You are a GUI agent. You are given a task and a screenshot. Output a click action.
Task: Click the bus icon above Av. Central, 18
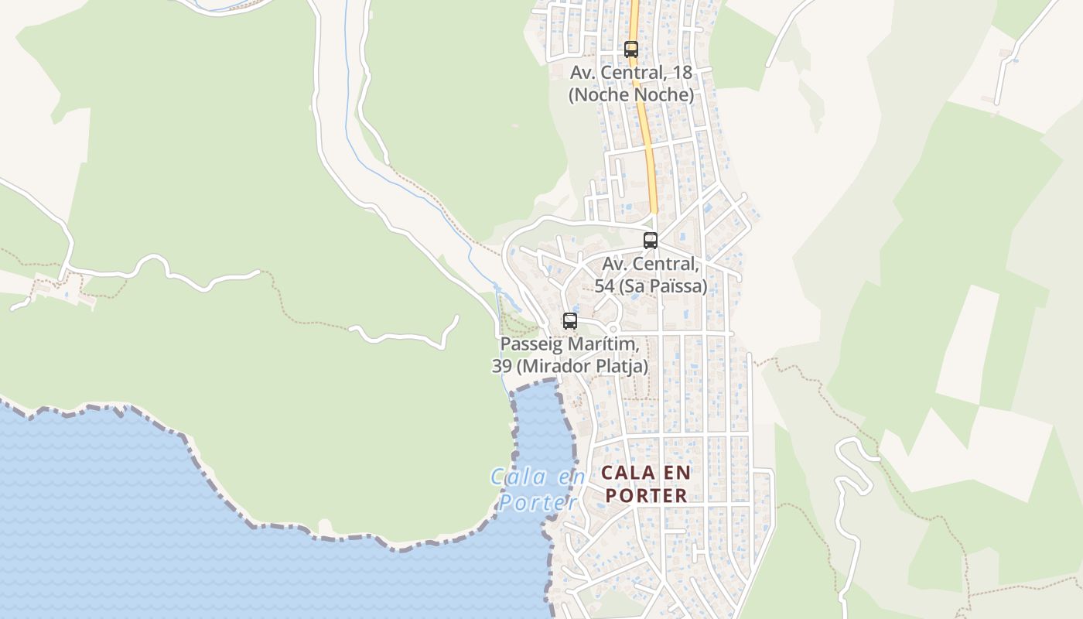tap(631, 50)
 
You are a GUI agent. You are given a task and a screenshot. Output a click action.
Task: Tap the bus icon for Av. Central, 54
tap(651, 241)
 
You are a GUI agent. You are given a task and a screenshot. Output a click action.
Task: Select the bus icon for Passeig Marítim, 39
tap(570, 321)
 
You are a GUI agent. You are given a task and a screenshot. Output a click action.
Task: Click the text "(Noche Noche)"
tap(631, 95)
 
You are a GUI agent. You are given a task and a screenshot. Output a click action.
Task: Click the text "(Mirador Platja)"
tap(582, 366)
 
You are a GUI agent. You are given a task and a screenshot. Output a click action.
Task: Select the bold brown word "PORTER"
tap(647, 496)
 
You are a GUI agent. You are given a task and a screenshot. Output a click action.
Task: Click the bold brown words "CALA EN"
tap(647, 473)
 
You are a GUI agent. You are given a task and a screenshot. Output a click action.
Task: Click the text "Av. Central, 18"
tap(631, 73)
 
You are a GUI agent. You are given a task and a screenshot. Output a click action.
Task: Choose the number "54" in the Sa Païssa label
tap(605, 286)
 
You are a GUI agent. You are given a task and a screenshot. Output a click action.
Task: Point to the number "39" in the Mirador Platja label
tap(501, 366)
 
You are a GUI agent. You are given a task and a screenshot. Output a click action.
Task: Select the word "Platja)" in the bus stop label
tap(623, 366)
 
